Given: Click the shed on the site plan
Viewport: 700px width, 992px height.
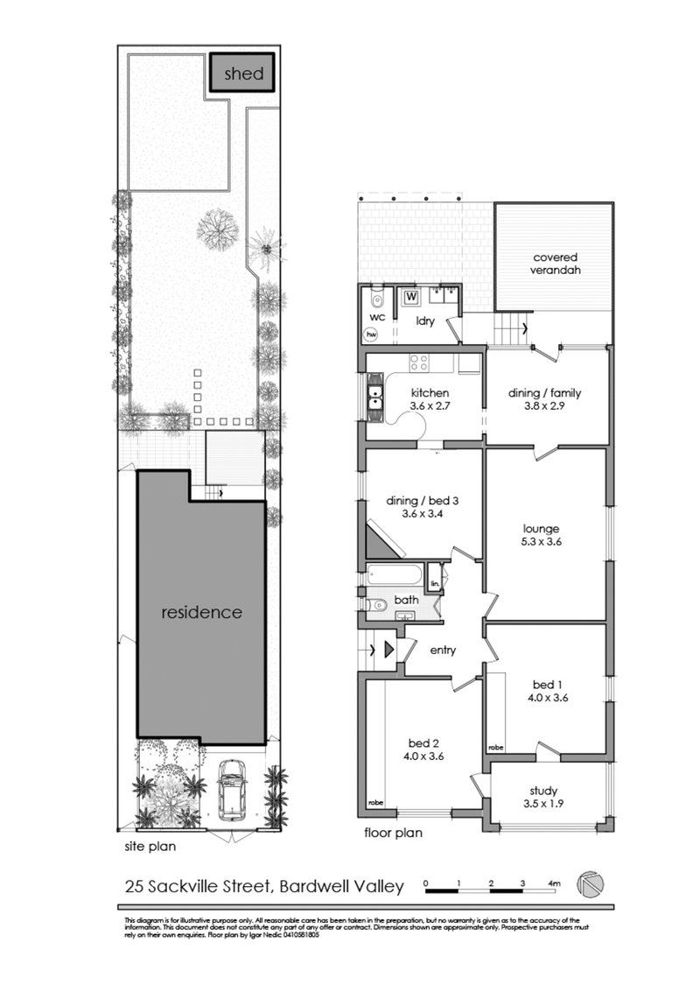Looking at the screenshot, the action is (243, 74).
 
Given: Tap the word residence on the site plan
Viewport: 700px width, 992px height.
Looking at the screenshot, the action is (202, 612).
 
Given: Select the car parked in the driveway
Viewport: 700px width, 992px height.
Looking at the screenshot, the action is (230, 790).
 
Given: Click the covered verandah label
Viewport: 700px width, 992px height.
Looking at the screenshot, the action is (556, 264).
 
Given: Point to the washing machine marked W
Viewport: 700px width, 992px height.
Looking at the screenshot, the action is (411, 296).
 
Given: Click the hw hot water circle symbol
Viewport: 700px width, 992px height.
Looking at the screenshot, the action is (371, 334).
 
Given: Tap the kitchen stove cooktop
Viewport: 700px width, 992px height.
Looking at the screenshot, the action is (419, 362).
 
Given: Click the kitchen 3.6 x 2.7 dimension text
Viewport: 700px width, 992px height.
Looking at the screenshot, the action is (430, 406).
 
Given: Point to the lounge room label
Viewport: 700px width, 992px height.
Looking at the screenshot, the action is (542, 529).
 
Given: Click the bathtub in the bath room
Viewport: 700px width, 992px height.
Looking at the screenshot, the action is (394, 574).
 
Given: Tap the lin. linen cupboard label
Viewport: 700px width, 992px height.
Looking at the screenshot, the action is (435, 582).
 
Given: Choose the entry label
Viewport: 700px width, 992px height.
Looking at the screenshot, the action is (443, 650).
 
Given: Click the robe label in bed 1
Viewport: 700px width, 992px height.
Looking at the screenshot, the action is (496, 747).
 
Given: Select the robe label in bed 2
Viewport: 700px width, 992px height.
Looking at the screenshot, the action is (375, 802).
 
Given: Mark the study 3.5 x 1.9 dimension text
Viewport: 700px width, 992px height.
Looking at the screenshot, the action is (543, 804).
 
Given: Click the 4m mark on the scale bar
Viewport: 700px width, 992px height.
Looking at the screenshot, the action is (554, 883).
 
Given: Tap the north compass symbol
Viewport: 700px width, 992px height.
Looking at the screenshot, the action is (590, 883).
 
